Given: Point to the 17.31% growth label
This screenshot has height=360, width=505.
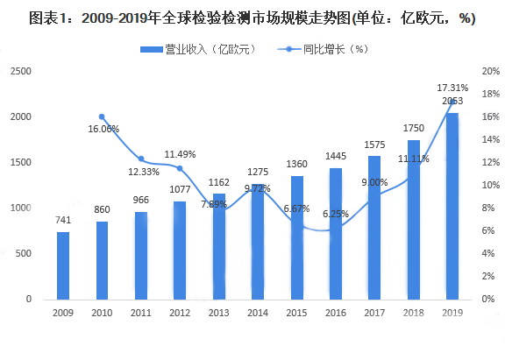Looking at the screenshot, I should pos(452,88).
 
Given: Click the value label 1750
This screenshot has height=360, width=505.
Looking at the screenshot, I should pos(413,128).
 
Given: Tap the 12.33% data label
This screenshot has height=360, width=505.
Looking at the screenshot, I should pos(143,171).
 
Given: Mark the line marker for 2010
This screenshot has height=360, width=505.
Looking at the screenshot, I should pos(102,116).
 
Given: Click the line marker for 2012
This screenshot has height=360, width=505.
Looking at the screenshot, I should pos(180,168).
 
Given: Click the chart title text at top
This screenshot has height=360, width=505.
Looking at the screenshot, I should pos(252,18).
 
